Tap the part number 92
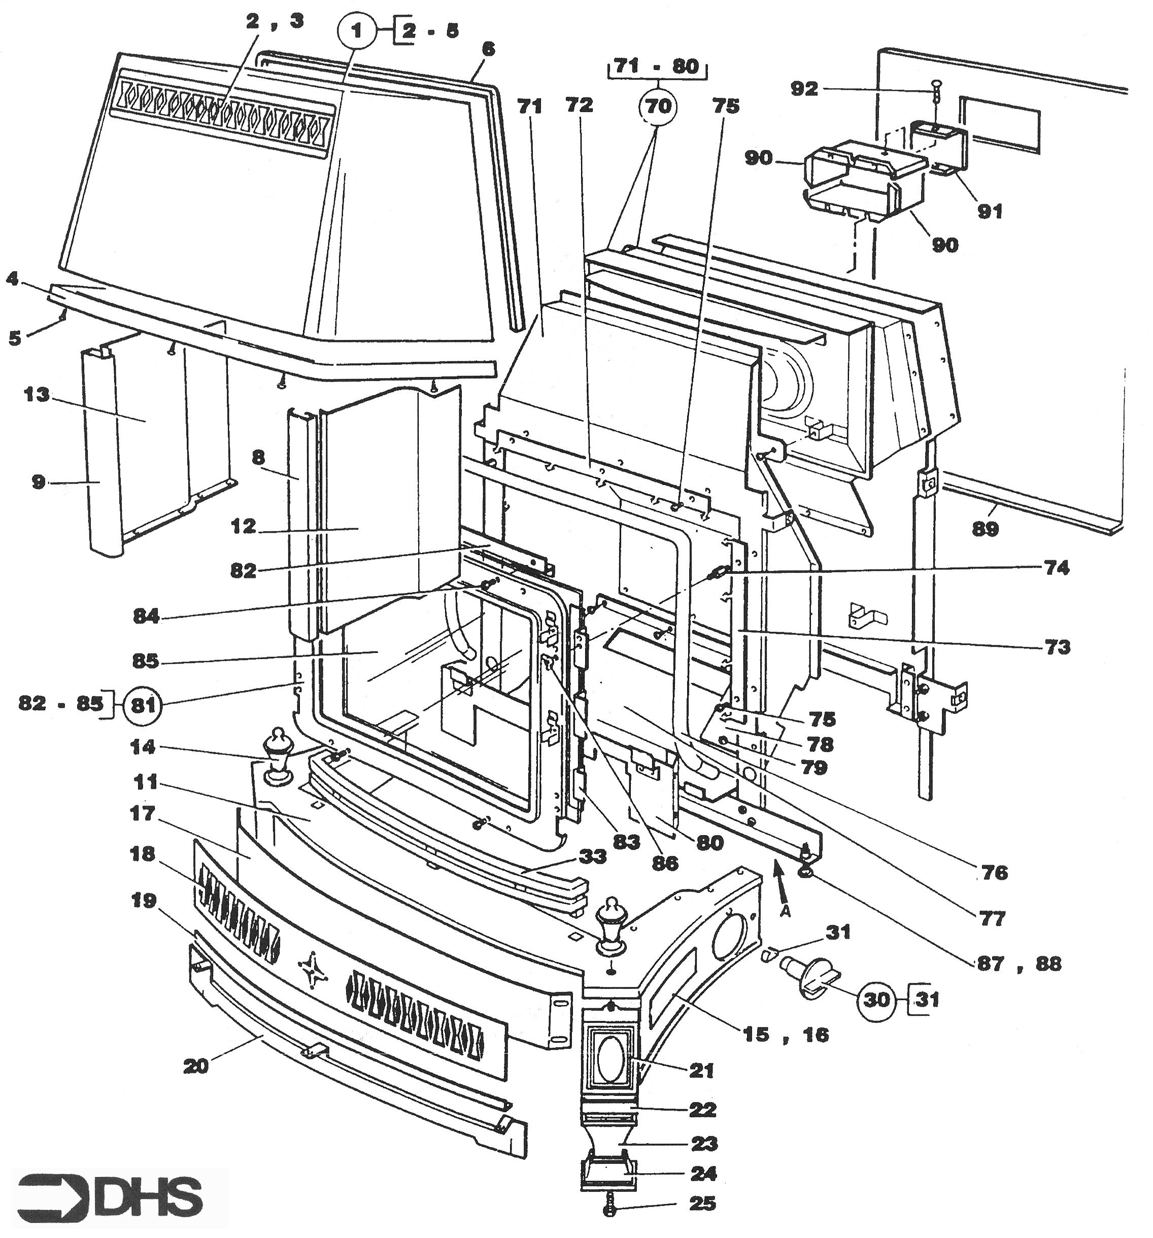coord(803,89)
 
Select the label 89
coord(985,529)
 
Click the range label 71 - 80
coord(657,66)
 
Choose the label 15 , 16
coord(786,1035)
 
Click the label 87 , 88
coord(1016,964)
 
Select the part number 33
coord(592,857)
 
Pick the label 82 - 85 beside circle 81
coord(61,704)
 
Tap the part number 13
coord(36,395)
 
